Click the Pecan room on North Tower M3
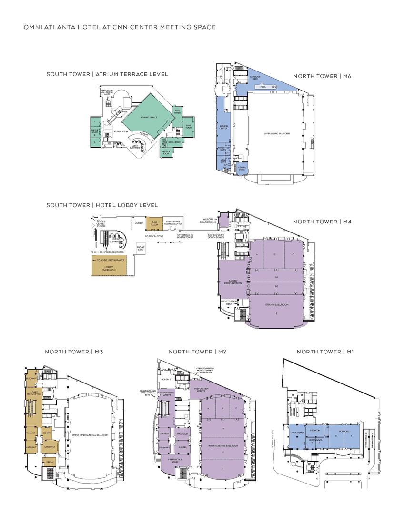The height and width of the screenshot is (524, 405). click(50, 462)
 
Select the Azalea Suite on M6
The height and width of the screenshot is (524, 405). click(243, 168)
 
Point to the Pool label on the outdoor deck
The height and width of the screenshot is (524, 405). click(263, 87)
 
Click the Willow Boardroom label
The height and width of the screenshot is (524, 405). click(208, 221)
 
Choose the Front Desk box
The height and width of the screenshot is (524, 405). click(141, 248)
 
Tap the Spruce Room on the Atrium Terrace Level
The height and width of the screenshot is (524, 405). click(166, 152)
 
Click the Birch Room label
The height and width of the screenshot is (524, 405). click(175, 142)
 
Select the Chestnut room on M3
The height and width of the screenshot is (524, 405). click(48, 446)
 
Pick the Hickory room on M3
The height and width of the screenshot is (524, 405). click(47, 433)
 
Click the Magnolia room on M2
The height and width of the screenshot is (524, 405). click(181, 434)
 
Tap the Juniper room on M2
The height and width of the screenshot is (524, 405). click(182, 447)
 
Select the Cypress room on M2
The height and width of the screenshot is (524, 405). click(165, 434)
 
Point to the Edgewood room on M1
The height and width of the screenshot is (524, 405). click(315, 430)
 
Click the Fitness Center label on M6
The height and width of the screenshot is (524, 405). click(223, 127)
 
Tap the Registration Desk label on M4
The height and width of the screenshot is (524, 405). click(229, 302)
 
